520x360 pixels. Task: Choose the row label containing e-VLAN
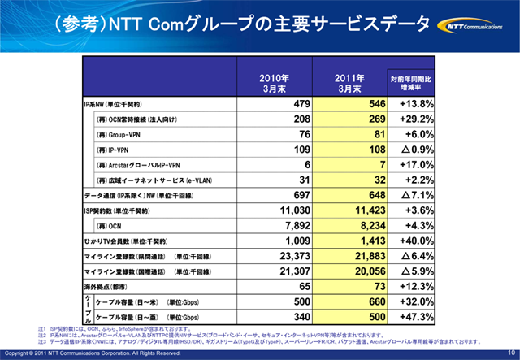pyautogui.click(x=149, y=180)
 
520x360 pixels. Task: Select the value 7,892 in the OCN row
pyautogui.click(x=292, y=225)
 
